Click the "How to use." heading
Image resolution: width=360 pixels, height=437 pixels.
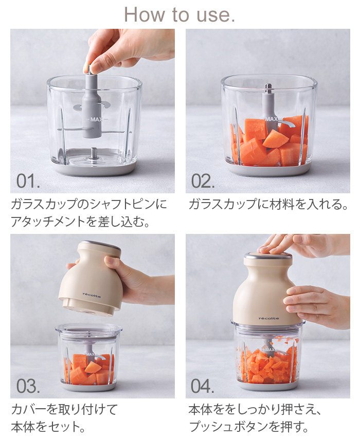pyautogui.click(x=179, y=14)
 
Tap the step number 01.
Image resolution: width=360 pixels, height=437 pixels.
pyautogui.click(x=28, y=181)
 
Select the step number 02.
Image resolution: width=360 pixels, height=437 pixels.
pyautogui.click(x=203, y=181)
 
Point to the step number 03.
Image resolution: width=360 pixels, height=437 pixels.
pyautogui.click(x=28, y=386)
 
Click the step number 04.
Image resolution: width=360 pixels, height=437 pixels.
pyautogui.click(x=203, y=386)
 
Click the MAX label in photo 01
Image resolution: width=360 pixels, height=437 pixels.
pyautogui.click(x=96, y=119)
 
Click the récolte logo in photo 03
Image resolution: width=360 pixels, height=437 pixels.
pyautogui.click(x=92, y=295)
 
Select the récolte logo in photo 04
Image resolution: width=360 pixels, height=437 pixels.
pyautogui.click(x=268, y=318)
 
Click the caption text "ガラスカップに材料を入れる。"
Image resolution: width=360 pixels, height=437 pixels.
pyautogui.click(x=268, y=204)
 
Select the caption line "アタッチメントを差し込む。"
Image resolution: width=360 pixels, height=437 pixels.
pyautogui.click(x=80, y=222)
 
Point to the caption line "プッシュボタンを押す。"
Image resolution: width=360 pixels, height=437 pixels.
pyautogui.click(x=249, y=427)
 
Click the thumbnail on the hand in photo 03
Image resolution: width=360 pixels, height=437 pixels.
pyautogui.click(x=110, y=261)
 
